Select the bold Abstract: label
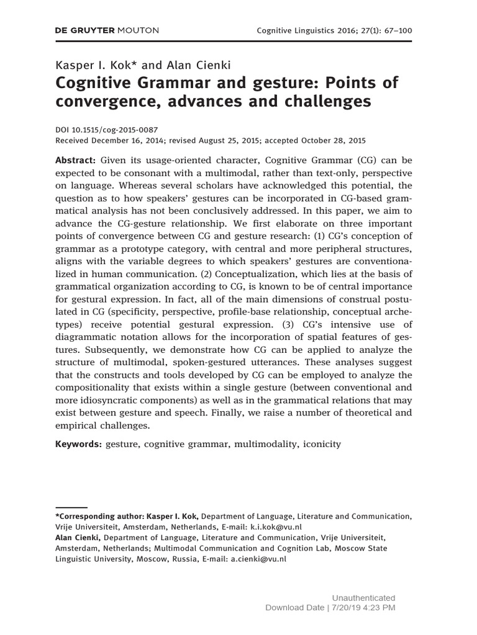click(76, 160)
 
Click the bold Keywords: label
click(78, 445)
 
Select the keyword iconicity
click(319, 445)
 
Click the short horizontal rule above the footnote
click(71, 507)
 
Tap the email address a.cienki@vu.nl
click(258, 558)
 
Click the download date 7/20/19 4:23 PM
click(364, 608)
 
